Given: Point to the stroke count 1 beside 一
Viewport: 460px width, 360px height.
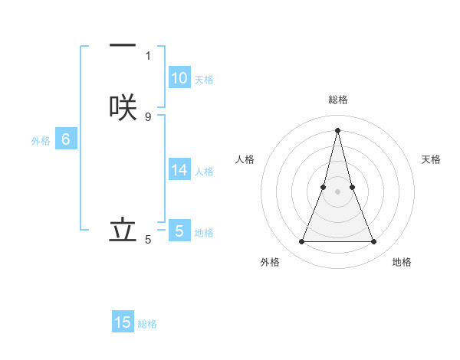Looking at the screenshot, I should tap(148, 55).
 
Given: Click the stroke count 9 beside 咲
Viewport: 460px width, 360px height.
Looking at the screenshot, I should tap(148, 116).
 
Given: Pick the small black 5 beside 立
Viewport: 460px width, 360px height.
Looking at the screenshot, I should tap(148, 240).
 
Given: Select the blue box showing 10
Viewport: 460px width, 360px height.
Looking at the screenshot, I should tap(179, 78).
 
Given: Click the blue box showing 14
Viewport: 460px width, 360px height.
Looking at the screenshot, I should tap(179, 170).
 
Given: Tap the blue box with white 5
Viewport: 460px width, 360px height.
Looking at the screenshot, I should tap(179, 231).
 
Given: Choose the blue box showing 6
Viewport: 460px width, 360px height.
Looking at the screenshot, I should tap(66, 139).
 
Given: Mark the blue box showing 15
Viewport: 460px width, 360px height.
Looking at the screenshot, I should tap(123, 322).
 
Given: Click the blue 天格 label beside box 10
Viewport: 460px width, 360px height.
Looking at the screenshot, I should tap(204, 80).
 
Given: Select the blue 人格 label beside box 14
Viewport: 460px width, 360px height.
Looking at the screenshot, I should tap(204, 172).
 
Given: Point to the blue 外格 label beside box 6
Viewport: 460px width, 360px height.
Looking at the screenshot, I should tap(41, 141).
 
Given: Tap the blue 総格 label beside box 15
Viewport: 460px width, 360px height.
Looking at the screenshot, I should tap(147, 324).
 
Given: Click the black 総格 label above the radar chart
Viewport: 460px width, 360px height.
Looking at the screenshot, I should tap(338, 100).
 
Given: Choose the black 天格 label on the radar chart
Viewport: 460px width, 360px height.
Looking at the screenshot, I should tap(432, 159).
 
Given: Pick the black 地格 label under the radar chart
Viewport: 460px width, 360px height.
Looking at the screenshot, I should tap(402, 262).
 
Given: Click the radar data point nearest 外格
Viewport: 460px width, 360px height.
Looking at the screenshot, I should tap(302, 242).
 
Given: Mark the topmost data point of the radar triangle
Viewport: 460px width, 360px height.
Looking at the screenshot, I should tap(338, 129).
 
